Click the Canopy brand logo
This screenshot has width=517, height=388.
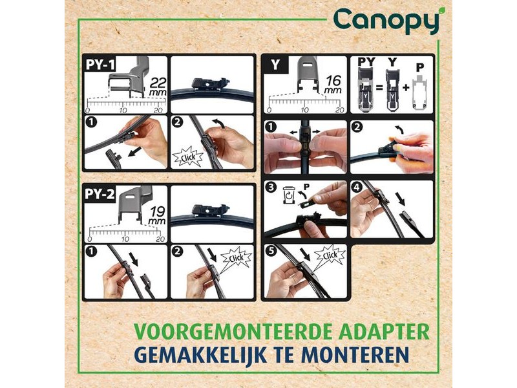coord(386,21)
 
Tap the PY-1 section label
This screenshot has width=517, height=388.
coord(100,64)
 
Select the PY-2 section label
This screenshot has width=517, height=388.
coord(100,193)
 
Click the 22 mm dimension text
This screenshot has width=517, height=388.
coord(158,87)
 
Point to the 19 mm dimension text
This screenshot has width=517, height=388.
coord(157,216)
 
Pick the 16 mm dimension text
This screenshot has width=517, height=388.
coord(333,85)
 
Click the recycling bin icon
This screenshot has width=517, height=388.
coord(288,195)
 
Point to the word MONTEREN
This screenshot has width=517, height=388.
coord(355,354)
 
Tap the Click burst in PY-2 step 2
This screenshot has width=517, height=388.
coord(236,258)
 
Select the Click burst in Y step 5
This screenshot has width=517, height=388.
coord(330,255)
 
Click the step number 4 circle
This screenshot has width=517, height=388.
coord(357,188)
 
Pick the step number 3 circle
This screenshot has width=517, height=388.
coord(271,188)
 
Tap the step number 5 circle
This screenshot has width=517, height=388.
coord(271,251)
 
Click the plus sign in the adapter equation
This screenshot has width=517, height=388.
coord(406,88)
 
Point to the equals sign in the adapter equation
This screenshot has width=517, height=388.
coord(379,88)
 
